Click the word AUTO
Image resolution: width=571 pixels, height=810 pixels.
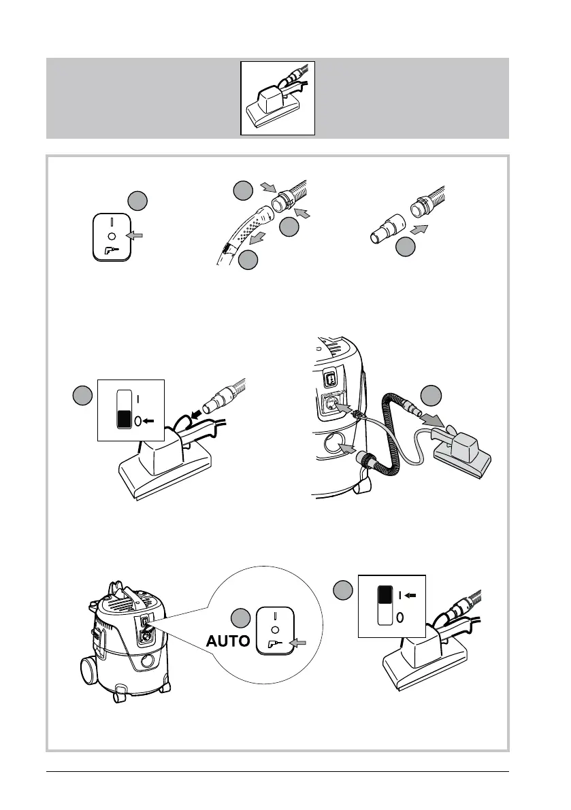(x=228, y=641)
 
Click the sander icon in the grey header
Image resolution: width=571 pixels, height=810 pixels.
(x=278, y=98)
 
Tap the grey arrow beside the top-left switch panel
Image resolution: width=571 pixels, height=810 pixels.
(x=134, y=235)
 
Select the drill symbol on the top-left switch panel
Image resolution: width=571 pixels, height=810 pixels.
(x=112, y=251)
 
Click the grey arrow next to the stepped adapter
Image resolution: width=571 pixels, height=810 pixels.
(x=419, y=229)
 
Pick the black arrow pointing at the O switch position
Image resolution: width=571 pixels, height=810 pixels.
(x=149, y=422)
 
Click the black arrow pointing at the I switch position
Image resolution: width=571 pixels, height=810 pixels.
(x=410, y=596)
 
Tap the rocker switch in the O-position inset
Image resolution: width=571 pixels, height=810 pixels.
(x=124, y=409)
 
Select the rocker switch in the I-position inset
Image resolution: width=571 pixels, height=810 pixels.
(x=385, y=605)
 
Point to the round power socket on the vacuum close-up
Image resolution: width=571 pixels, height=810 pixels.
(x=331, y=405)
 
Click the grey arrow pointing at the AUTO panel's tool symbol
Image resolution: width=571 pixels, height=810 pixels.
(x=298, y=643)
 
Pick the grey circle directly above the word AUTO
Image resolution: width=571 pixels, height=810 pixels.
(x=240, y=618)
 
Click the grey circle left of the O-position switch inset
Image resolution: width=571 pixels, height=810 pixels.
(x=82, y=396)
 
